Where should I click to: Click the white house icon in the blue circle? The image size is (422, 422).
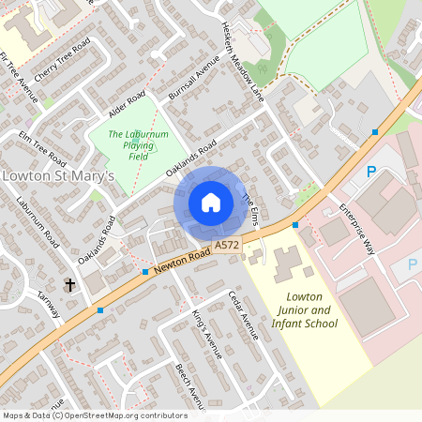tap(210, 203)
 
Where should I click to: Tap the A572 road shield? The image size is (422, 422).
tap(225, 245)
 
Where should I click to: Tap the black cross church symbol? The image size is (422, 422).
tap(69, 282)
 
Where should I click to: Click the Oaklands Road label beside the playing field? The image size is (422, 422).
tap(191, 159)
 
